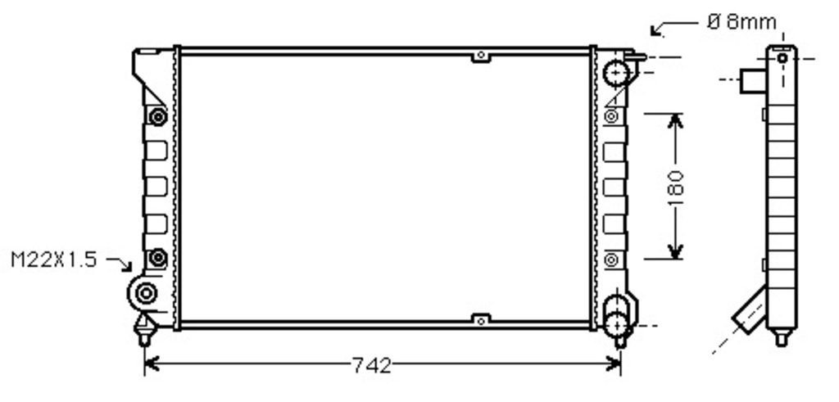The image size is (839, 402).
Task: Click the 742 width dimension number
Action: tap(372, 366)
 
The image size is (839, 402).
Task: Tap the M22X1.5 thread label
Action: tap(54, 260)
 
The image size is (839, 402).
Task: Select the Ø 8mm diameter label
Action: tap(741, 22)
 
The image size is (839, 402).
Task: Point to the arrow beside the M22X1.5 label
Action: tap(120, 263)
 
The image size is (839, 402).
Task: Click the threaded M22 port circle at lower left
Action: tap(146, 293)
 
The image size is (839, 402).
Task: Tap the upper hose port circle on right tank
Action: tap(615, 73)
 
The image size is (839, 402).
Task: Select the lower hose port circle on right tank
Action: tap(616, 323)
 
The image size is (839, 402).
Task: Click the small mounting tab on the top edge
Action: tap(480, 56)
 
